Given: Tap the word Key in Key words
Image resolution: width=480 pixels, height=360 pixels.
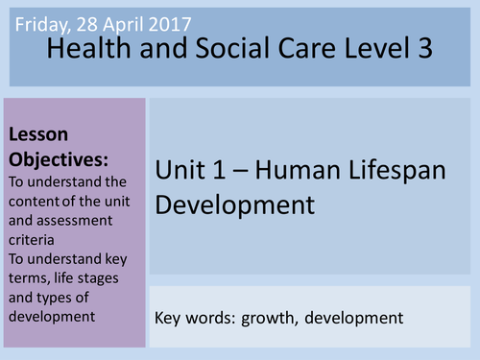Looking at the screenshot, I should point(168,316).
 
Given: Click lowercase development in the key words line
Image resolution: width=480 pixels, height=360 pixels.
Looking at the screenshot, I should point(356,316).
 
